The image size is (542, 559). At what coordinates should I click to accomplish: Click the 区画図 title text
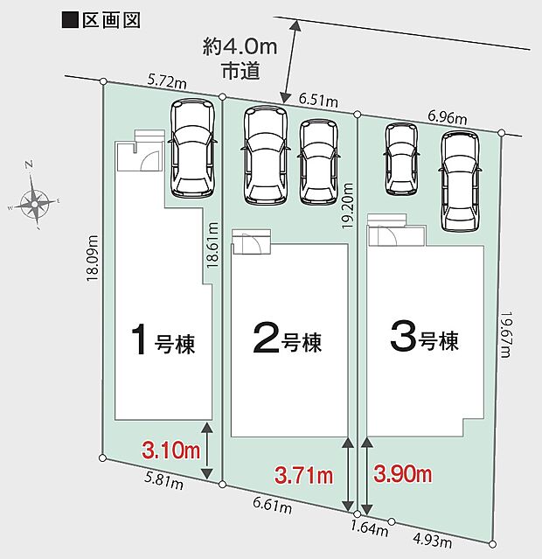click(111, 20)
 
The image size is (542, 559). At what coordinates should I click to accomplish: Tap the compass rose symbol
click(34, 204)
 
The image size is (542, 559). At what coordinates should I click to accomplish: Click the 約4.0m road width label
click(240, 47)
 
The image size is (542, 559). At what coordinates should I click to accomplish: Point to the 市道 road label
click(240, 71)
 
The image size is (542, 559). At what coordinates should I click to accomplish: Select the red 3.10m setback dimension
click(170, 450)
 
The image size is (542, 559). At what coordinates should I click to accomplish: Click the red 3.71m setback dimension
click(304, 475)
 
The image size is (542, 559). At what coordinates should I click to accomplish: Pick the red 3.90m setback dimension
click(403, 474)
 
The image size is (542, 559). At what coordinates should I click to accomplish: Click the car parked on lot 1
click(193, 148)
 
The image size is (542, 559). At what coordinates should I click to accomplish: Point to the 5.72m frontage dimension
click(167, 82)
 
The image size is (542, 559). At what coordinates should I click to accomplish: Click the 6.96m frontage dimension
click(448, 116)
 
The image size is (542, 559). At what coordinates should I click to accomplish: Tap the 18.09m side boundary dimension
click(93, 258)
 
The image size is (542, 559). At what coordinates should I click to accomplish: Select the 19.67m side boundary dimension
click(506, 334)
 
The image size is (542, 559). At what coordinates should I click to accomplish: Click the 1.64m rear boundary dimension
click(370, 528)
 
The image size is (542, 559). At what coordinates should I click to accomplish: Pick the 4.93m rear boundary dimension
click(432, 541)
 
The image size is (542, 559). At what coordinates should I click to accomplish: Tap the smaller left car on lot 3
click(401, 159)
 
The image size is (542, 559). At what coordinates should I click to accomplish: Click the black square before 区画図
click(70, 20)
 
